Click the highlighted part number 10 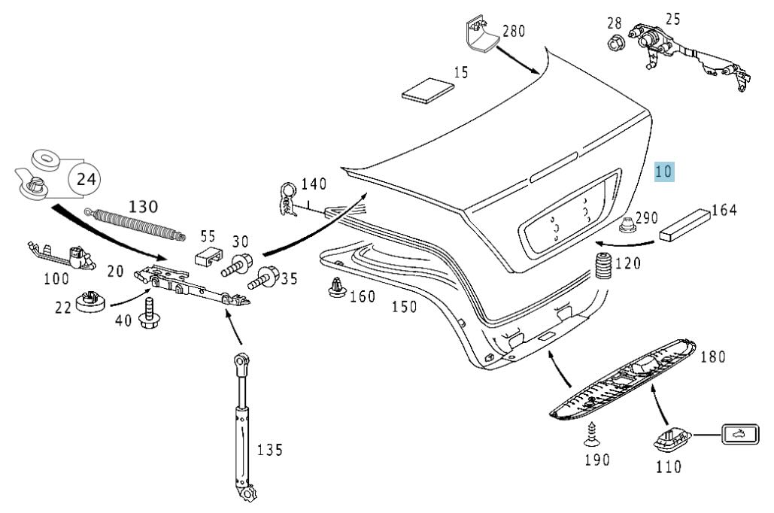[664, 172]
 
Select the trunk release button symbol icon [737, 434]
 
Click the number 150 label [404, 307]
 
